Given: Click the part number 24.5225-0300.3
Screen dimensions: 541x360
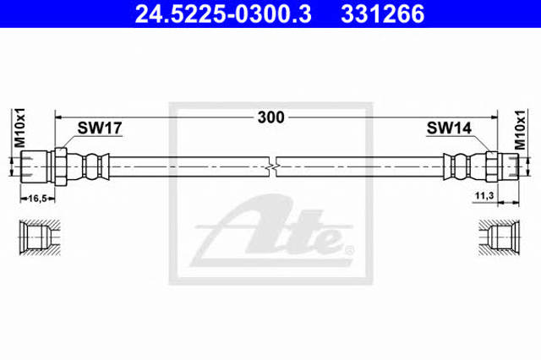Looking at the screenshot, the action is pyautogui.click(x=223, y=14).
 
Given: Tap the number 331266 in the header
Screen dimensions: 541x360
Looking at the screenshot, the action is pyautogui.click(x=383, y=14).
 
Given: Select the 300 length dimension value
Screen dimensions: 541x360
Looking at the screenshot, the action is pyautogui.click(x=271, y=117).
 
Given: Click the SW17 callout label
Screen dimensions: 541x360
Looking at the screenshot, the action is pyautogui.click(x=100, y=128).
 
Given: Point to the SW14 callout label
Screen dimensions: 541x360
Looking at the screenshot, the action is pyautogui.click(x=449, y=128).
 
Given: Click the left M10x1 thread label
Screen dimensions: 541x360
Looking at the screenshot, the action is pyautogui.click(x=19, y=128).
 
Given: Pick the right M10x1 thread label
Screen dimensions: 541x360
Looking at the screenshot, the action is pyautogui.click(x=520, y=129).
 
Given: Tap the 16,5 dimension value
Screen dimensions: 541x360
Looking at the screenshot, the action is pyautogui.click(x=37, y=199).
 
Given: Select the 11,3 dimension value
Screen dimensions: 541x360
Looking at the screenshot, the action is pyautogui.click(x=484, y=196).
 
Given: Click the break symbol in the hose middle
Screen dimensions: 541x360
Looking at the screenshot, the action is pyautogui.click(x=273, y=166).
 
